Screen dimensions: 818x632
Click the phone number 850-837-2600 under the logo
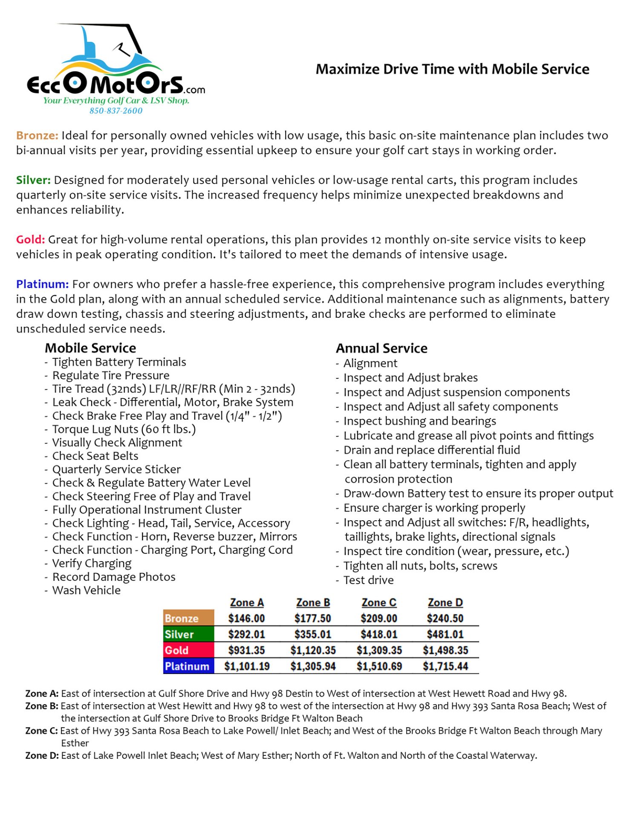116,111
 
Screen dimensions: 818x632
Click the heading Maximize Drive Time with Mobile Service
452,69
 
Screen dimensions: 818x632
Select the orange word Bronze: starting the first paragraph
37,135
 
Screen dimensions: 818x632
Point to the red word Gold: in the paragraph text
30,239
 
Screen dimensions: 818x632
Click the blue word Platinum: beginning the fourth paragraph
42,284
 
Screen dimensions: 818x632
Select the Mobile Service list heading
90,348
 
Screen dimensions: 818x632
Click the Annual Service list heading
381,348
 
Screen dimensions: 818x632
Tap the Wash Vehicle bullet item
86,590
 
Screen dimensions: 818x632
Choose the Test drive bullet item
368,580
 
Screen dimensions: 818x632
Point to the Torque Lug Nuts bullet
124,429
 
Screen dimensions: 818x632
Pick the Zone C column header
379,602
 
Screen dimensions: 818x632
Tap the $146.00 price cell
246,618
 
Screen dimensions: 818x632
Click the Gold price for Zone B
313,650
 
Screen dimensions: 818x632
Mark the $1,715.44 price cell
445,666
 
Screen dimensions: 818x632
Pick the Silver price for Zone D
445,634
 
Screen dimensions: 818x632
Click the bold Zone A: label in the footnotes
42,694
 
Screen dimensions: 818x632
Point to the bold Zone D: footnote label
42,755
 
